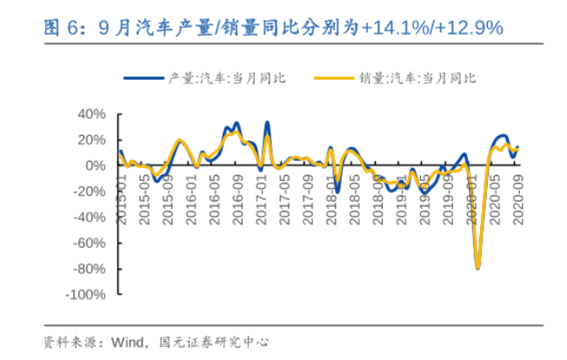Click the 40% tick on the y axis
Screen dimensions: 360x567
pos(93,114)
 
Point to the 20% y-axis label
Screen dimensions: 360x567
pos(93,140)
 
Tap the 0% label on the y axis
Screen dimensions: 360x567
pos(97,165)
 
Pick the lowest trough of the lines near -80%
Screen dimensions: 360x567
pos(477,267)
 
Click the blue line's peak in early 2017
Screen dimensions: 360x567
pos(266,123)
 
